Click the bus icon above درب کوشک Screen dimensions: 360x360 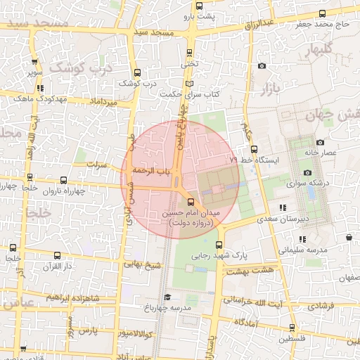click(x=138, y=72)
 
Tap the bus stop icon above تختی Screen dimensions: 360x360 click(x=190, y=52)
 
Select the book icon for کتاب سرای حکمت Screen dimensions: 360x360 click(x=187, y=84)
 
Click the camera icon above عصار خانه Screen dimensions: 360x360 click(x=320, y=142)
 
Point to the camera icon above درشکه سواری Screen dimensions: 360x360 click(x=307, y=173)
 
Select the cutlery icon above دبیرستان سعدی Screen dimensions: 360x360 click(x=283, y=207)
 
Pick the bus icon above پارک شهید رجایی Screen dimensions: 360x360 click(x=219, y=245)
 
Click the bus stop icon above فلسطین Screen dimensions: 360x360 click(x=292, y=327)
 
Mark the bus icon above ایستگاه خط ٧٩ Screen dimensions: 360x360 click(x=255, y=149)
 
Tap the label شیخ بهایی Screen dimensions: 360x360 click(x=143, y=265)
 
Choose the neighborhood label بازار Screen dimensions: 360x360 click(x=270, y=89)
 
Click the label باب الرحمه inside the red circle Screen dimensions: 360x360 click(x=148, y=170)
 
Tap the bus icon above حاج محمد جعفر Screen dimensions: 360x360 click(x=322, y=13)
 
